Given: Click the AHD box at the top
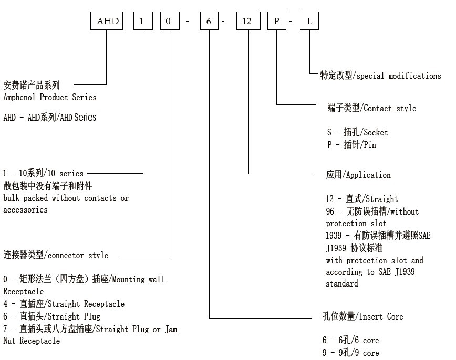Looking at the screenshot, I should click(108, 22).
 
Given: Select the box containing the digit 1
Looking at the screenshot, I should click(143, 22).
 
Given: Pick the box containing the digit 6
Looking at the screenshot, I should click(209, 22).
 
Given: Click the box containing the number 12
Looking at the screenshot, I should click(247, 22).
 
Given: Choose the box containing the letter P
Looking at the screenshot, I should click(277, 22).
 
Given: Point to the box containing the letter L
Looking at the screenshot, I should click(309, 22).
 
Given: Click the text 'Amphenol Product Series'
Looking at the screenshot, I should click(50, 97).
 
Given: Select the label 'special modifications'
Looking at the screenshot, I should click(399, 76).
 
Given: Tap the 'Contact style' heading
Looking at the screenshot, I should click(390, 109).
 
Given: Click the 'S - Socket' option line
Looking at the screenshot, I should click(357, 132).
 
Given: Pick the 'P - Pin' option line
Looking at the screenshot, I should click(351, 145).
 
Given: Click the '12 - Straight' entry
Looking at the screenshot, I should click(362, 199).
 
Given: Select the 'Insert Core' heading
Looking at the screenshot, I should click(381, 316).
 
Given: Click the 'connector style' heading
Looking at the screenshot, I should click(78, 256).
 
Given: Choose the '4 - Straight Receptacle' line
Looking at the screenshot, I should click(64, 304).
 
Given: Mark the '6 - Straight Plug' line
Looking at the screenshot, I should click(51, 316).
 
